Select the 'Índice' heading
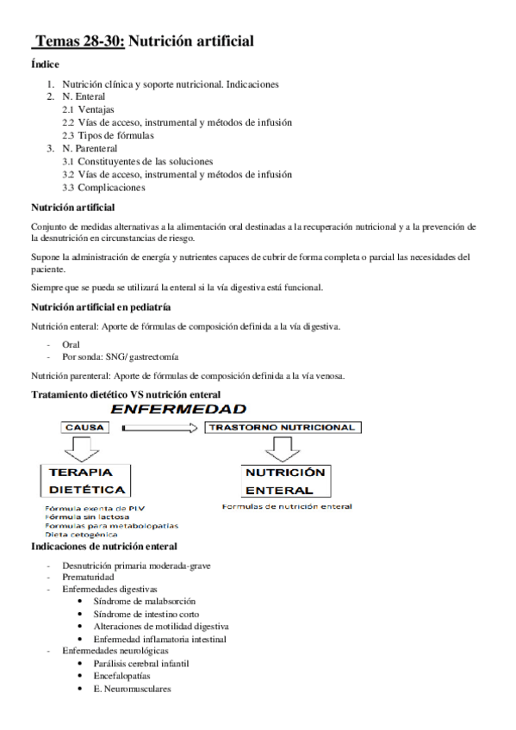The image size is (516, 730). pyautogui.click(x=45, y=65)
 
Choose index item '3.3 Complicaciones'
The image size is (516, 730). pyautogui.click(x=103, y=188)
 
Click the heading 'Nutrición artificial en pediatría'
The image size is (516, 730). pyautogui.click(x=100, y=306)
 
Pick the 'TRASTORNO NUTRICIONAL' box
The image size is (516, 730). pyautogui.click(x=283, y=427)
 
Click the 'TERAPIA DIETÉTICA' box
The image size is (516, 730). pyautogui.click(x=86, y=481)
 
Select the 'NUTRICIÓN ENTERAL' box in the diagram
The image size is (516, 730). pyautogui.click(x=284, y=481)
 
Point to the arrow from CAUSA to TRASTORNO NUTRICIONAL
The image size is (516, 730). pyautogui.click(x=162, y=427)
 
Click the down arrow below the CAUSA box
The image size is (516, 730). pyautogui.click(x=84, y=448)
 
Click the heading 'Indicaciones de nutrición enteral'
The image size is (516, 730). pyautogui.click(x=104, y=547)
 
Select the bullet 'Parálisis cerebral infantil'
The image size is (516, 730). pyautogui.click(x=141, y=664)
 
